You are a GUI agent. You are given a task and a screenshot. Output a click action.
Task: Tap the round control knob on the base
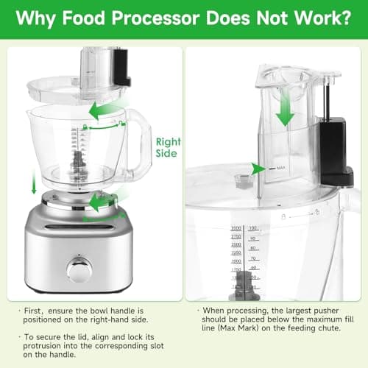pyautogui.click(x=79, y=269)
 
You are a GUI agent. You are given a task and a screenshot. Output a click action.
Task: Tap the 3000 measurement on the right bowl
pyautogui.click(x=236, y=229)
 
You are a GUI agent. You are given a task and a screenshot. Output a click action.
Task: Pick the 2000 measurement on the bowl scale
pyautogui.click(x=236, y=261)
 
